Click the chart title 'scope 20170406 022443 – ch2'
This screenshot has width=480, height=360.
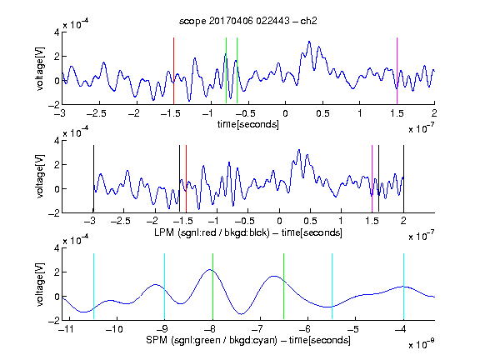tap(247, 21)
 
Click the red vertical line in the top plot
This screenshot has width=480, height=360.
tap(173, 71)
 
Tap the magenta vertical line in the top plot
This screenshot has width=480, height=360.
tap(397, 71)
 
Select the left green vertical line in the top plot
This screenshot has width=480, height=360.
tap(226, 70)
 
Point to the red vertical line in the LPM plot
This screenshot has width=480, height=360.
tap(186, 178)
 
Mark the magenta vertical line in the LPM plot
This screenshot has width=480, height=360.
tap(372, 178)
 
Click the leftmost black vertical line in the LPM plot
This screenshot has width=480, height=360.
tap(93, 178)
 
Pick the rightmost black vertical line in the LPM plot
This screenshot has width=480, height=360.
tap(403, 178)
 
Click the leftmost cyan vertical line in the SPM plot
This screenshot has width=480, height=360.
tap(93, 286)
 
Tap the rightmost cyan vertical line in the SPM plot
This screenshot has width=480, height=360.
tap(403, 286)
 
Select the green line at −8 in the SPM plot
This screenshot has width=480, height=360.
tap(212, 286)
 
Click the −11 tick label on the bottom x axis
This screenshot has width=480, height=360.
tap(67, 329)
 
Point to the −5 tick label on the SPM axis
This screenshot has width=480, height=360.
tap(353, 329)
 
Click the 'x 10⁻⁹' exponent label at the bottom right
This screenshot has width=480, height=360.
tap(422, 344)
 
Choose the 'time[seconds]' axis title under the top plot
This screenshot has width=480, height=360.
tap(248, 124)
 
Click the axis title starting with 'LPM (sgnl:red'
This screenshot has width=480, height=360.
tap(248, 232)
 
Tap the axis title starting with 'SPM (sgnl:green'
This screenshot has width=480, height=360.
tap(248, 340)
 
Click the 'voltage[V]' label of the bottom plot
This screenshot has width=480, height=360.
tap(40, 284)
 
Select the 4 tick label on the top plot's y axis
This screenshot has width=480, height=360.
tap(57, 32)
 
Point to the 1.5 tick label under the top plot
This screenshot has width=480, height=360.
tap(397, 113)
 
